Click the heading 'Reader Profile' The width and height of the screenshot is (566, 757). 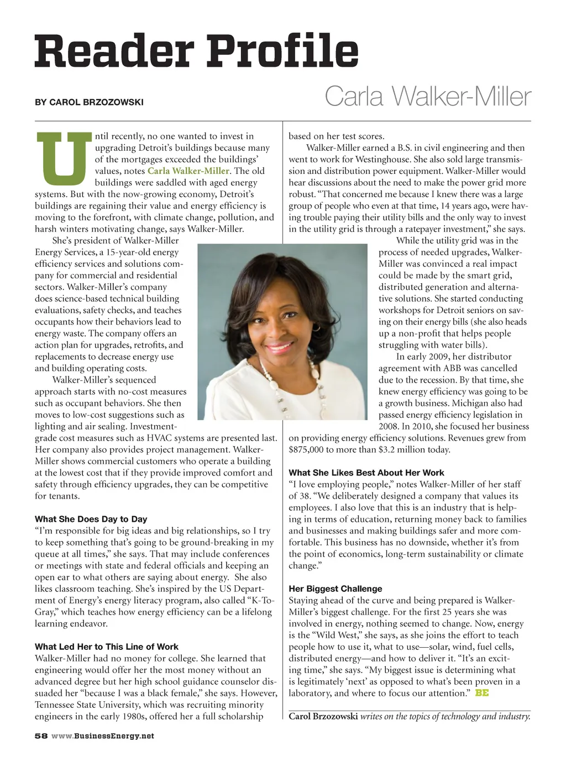pyautogui.click(x=196, y=51)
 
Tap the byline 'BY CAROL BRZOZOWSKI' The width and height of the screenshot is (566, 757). pyautogui.click(x=89, y=102)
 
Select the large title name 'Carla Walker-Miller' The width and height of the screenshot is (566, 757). pyautogui.click(x=427, y=97)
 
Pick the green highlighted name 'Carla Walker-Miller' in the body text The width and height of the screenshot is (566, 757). pyautogui.click(x=188, y=171)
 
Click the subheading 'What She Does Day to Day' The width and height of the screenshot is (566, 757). pyautogui.click(x=91, y=519)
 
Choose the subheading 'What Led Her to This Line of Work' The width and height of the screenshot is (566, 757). pyautogui.click(x=106, y=647)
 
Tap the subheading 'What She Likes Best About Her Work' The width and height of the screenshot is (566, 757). pyautogui.click(x=366, y=473)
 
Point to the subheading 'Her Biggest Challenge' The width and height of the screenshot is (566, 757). pyautogui.click(x=335, y=589)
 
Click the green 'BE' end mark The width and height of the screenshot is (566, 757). pyautogui.click(x=481, y=693)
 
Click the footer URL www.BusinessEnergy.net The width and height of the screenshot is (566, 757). pyautogui.click(x=102, y=736)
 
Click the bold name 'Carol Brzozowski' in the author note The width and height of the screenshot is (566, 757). pyautogui.click(x=323, y=717)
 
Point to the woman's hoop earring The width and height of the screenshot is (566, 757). pyautogui.click(x=316, y=326)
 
